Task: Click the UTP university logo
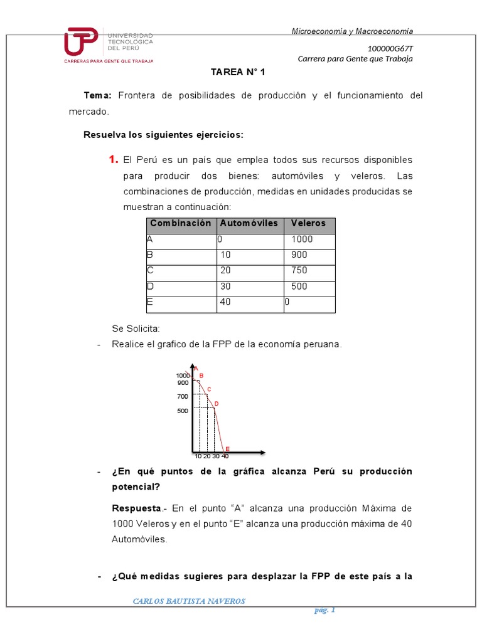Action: pyautogui.click(x=108, y=44)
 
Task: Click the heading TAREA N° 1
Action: pyautogui.click(x=238, y=72)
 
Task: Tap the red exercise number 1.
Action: pyautogui.click(x=113, y=160)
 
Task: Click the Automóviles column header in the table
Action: pyautogui.click(x=249, y=224)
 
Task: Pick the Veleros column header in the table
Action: pyautogui.click(x=308, y=224)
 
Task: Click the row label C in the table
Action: pyautogui.click(x=150, y=270)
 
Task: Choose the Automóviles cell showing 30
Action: pyautogui.click(x=225, y=286)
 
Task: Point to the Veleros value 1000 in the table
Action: pyautogui.click(x=302, y=239)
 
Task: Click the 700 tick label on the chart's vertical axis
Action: pyautogui.click(x=183, y=397)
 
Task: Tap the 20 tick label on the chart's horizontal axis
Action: pyautogui.click(x=206, y=456)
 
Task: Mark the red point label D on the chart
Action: pyautogui.click(x=217, y=404)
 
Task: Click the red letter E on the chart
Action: pyautogui.click(x=227, y=449)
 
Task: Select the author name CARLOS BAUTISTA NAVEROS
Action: pyautogui.click(x=189, y=602)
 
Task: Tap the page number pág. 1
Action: pyautogui.click(x=325, y=611)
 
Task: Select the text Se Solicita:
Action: pyautogui.click(x=136, y=329)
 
